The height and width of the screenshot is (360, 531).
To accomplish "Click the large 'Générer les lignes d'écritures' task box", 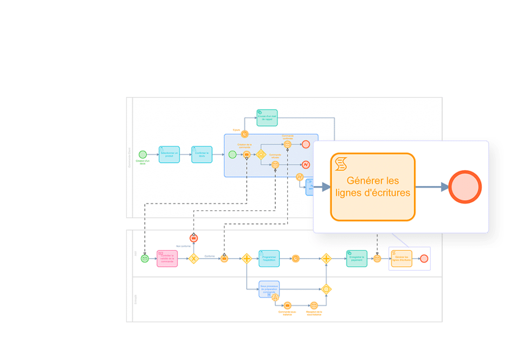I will (x=373, y=187).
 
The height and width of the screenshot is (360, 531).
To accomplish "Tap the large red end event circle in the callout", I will (x=465, y=187).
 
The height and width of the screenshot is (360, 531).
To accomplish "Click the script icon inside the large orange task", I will (x=341, y=163).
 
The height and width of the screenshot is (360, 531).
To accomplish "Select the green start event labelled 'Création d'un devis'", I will (x=143, y=155).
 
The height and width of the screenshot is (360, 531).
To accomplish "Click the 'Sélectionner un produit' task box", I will (x=169, y=155).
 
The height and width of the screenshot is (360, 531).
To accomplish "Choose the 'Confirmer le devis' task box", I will (x=202, y=155).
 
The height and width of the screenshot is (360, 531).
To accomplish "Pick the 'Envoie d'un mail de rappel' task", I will (x=267, y=118).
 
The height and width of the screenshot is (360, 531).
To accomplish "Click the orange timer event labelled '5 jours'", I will (x=245, y=134).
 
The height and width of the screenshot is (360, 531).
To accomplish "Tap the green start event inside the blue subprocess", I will (x=232, y=155).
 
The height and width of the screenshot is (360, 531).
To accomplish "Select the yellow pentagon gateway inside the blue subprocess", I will (x=261, y=155).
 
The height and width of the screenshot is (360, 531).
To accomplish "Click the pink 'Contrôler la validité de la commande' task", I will (x=167, y=259).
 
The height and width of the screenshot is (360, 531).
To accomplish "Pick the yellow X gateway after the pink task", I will (x=193, y=259).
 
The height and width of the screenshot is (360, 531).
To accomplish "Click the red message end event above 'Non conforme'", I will (x=193, y=238).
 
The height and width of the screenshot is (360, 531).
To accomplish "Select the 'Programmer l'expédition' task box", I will (x=269, y=259).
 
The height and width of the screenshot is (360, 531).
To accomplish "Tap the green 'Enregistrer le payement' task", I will (x=357, y=259).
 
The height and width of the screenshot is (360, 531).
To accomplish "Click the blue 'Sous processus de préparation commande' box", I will (x=269, y=290).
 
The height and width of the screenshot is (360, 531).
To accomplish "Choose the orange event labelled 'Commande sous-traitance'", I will (x=287, y=306).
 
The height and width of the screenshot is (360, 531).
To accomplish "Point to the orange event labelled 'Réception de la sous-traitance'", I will (x=314, y=306).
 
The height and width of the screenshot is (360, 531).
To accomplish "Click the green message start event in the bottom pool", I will (x=145, y=259).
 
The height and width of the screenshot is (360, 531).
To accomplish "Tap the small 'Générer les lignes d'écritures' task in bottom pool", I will (x=401, y=259).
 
